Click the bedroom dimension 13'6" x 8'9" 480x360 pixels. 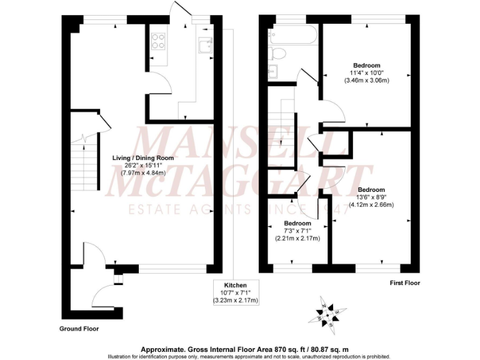click(x=371, y=197)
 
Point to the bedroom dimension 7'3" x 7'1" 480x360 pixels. click(x=297, y=231)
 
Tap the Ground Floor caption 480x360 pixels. click(x=79, y=328)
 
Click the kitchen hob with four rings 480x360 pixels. click(x=157, y=41)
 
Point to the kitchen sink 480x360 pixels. click(x=204, y=46)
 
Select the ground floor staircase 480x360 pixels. click(x=84, y=166)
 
